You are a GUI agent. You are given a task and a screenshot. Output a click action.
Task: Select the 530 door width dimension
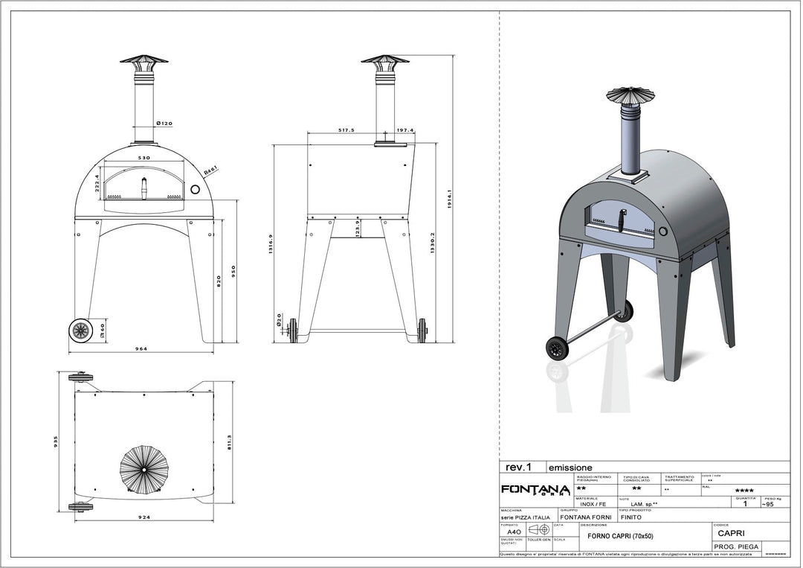144,159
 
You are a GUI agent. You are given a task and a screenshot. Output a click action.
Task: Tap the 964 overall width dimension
141,348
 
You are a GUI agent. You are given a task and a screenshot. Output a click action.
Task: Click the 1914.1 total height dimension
450,199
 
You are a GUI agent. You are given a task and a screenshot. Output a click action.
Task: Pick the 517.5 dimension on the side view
346,130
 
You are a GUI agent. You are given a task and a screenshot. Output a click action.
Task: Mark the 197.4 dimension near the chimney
405,130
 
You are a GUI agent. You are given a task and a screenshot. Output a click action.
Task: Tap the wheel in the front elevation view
80,329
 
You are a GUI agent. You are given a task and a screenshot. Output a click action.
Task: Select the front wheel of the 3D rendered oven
555,348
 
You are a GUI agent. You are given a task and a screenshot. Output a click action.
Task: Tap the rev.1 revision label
519,468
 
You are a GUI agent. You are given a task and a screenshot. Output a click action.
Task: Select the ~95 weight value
770,504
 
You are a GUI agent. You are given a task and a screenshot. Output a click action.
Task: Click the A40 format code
513,532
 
